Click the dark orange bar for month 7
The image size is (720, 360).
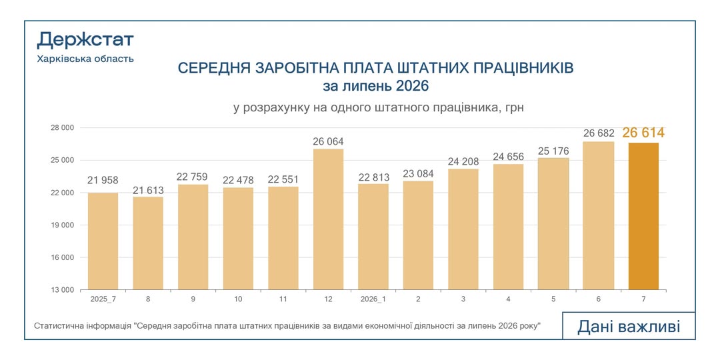643,216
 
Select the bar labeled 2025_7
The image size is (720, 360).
103,241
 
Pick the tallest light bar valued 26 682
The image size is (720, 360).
598,216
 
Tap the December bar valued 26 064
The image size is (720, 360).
328,219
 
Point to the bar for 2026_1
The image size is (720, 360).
373,237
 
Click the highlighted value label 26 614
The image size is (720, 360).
643,133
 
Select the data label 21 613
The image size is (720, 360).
148,191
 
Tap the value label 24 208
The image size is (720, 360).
463,161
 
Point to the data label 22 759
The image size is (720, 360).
193,177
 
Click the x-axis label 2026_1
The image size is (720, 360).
373,299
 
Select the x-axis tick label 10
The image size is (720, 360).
238,299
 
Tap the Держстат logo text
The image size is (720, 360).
85,41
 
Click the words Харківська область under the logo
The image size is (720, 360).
85,59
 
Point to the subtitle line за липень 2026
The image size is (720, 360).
375,86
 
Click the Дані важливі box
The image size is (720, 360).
629,326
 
